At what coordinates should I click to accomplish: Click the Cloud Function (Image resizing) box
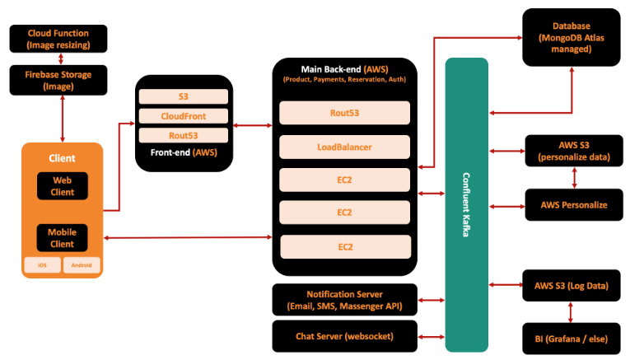click(x=58, y=39)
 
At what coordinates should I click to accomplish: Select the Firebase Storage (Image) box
click(x=58, y=81)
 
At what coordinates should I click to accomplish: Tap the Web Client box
click(x=63, y=186)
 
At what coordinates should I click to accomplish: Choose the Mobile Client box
click(x=63, y=238)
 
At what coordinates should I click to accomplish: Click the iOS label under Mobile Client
click(x=42, y=265)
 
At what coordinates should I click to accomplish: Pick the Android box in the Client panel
click(x=82, y=265)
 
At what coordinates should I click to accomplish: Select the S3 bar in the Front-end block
click(x=184, y=96)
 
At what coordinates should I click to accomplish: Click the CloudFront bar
click(x=184, y=116)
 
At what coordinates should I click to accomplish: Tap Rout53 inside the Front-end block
click(x=184, y=135)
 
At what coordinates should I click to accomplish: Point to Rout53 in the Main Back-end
click(x=345, y=113)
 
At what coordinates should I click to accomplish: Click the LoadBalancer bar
click(x=345, y=147)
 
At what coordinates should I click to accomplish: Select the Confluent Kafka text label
click(x=466, y=205)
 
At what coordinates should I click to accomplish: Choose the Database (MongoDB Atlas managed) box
click(x=572, y=37)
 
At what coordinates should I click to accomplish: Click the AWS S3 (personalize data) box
click(x=574, y=151)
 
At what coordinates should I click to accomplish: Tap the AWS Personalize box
click(x=574, y=205)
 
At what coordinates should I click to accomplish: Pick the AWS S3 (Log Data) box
click(x=572, y=286)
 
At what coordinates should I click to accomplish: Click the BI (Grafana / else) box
click(x=572, y=339)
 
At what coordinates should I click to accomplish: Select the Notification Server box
click(x=345, y=300)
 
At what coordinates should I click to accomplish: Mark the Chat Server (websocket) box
click(x=345, y=336)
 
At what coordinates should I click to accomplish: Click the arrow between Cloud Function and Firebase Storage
click(x=61, y=59)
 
